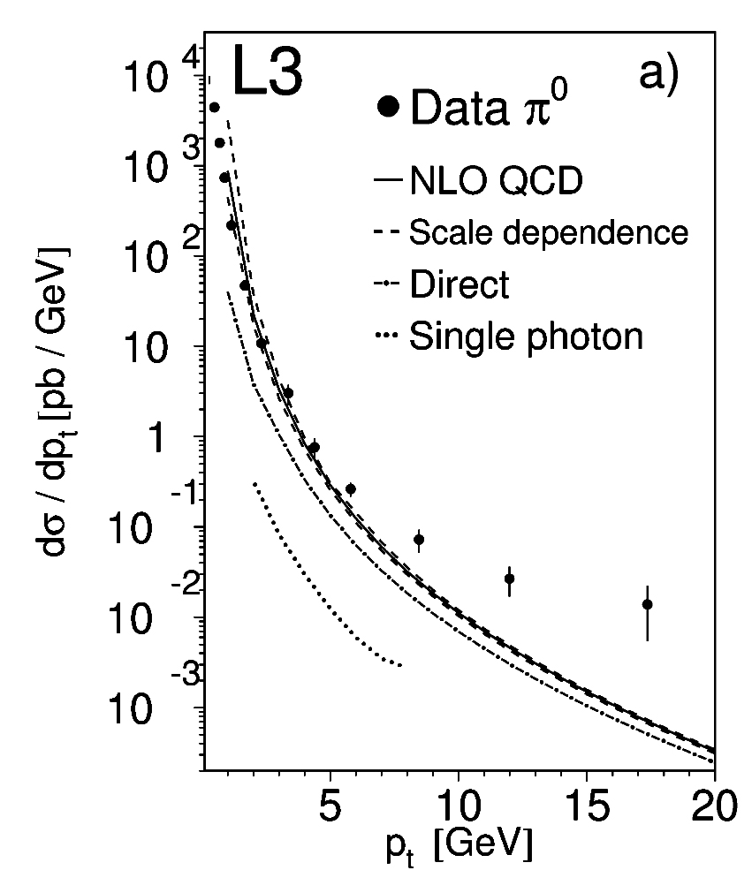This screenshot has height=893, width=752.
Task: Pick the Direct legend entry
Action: (x=460, y=284)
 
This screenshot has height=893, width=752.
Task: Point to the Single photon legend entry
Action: (x=525, y=336)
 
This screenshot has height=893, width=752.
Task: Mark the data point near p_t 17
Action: (x=648, y=604)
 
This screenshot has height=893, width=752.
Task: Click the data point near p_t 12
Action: (x=510, y=579)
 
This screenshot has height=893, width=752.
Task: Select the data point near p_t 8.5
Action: (x=419, y=539)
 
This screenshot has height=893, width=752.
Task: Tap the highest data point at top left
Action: (x=214, y=108)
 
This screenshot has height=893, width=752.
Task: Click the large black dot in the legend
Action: (x=388, y=108)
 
